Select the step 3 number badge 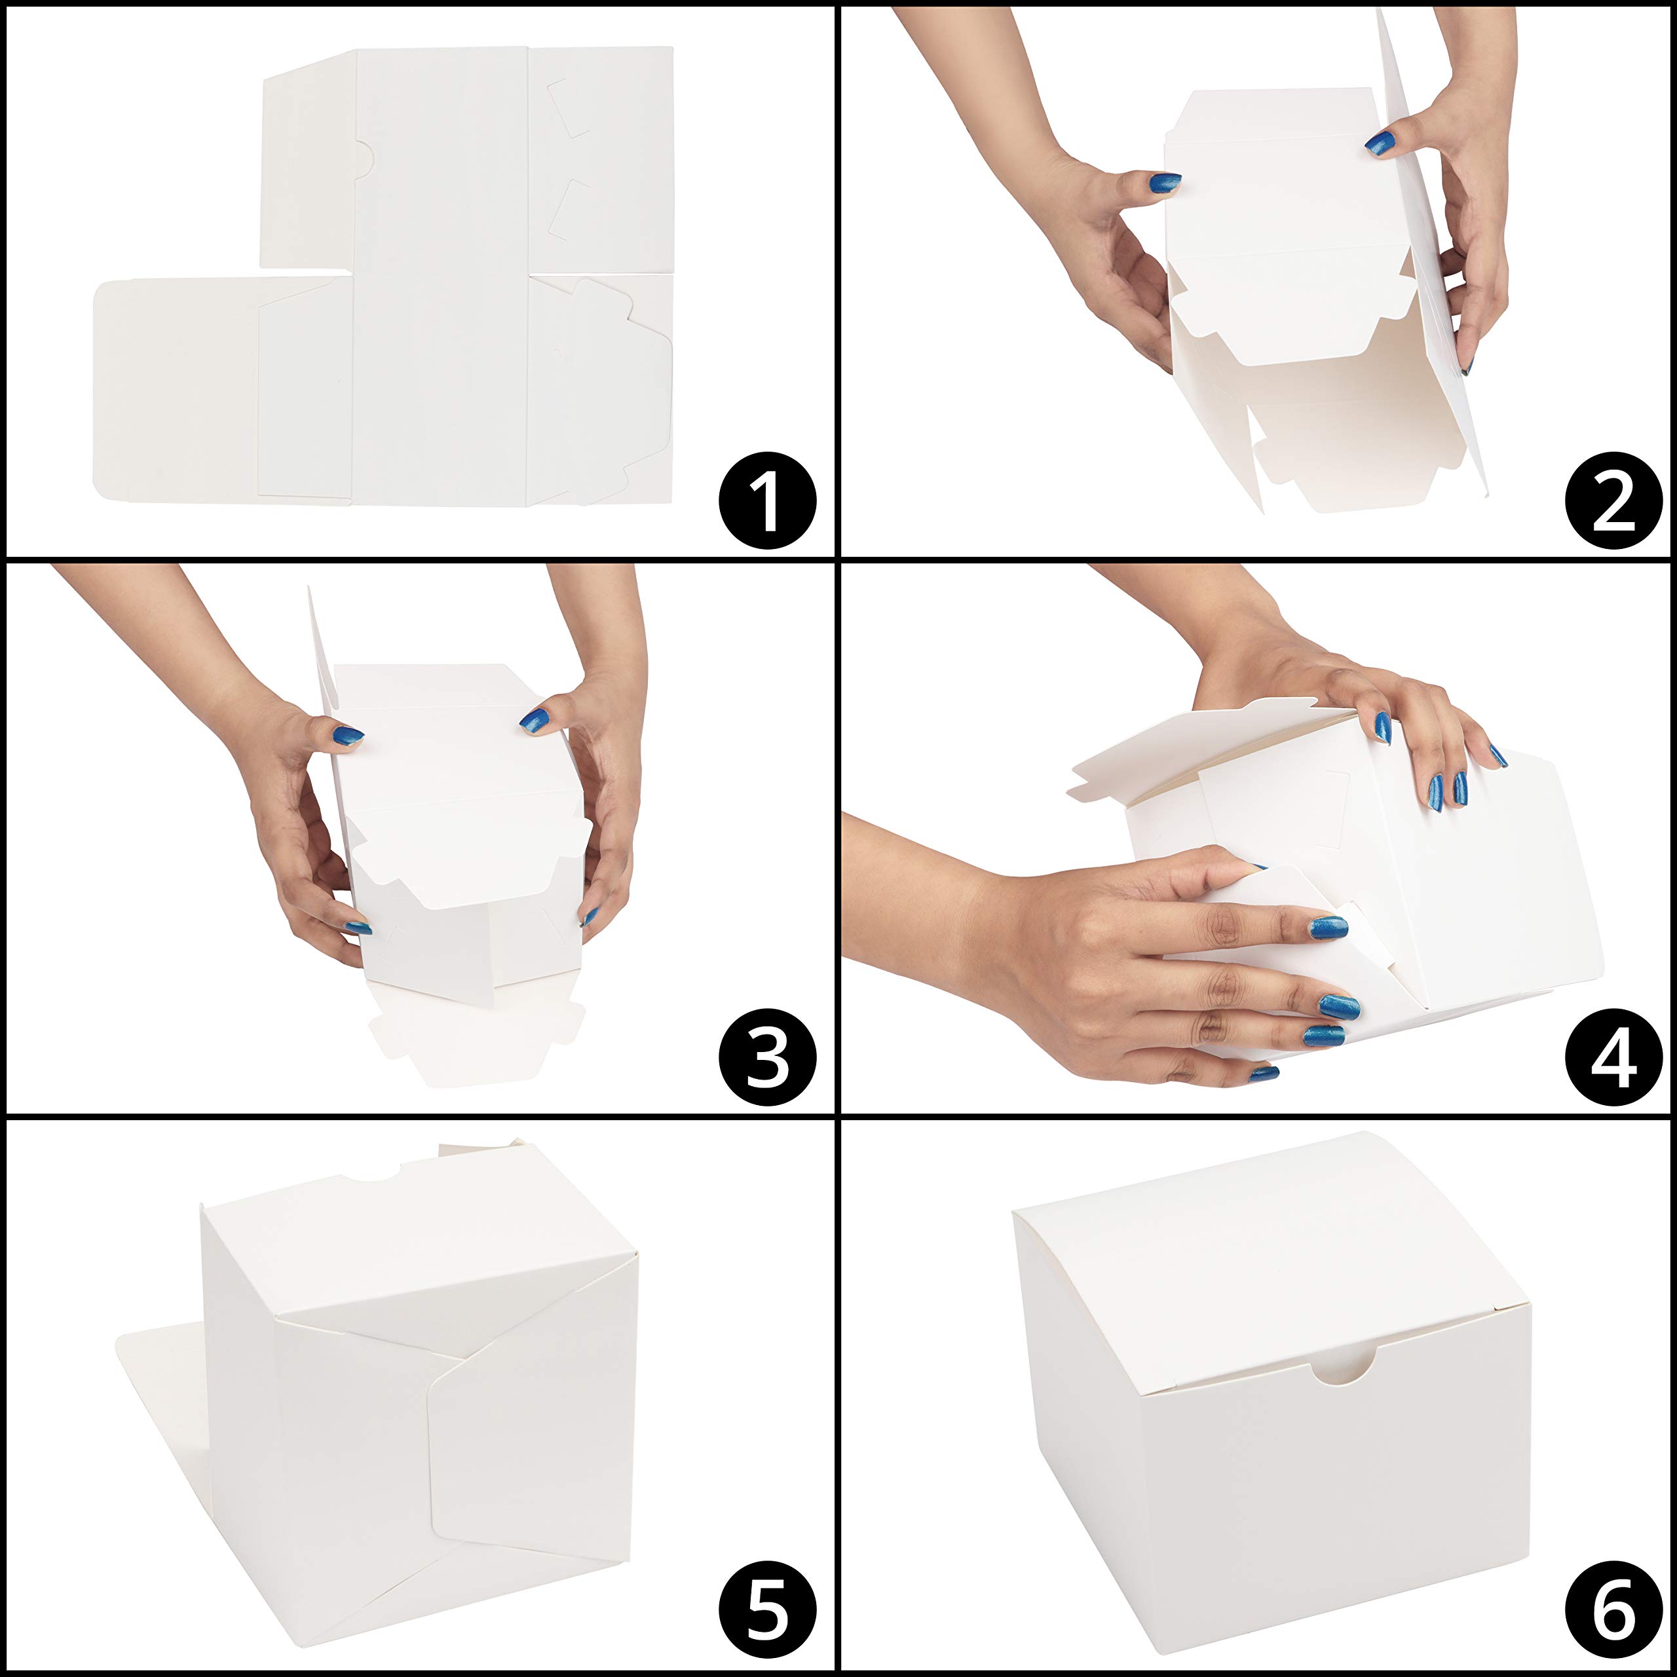point(767,1057)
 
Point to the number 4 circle point(1613,1057)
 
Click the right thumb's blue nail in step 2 point(1381,143)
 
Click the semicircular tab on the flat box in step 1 point(364,159)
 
